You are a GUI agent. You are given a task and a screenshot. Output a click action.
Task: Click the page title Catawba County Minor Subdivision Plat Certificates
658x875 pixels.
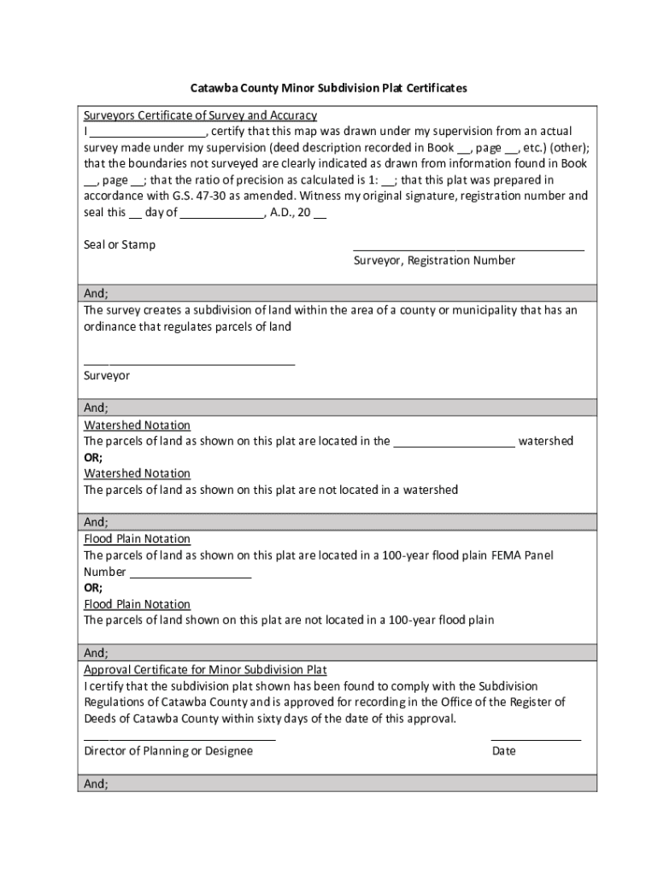(x=328, y=88)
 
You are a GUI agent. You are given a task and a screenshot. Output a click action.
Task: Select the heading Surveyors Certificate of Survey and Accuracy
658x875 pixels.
(x=200, y=115)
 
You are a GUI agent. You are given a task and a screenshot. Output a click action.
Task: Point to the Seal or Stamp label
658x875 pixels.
(x=120, y=244)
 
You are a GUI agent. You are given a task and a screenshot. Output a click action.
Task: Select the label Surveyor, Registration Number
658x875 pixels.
(x=434, y=261)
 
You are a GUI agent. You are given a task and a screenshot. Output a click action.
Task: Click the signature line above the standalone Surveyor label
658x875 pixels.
(x=189, y=364)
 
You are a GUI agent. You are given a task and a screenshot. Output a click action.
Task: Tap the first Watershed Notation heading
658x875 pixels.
(x=137, y=426)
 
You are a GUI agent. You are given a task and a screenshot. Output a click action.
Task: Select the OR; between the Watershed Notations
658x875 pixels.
(x=93, y=457)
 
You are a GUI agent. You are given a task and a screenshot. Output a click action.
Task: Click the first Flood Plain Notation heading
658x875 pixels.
(x=137, y=539)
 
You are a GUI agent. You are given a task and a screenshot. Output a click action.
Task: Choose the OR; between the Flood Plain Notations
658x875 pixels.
(x=93, y=588)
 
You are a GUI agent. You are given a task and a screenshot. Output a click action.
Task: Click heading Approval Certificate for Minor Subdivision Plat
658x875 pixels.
(x=205, y=670)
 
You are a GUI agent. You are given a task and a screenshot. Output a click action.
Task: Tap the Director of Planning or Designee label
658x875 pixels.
(x=168, y=751)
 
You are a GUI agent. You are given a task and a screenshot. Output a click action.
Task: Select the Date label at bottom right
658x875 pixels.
(x=503, y=751)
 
